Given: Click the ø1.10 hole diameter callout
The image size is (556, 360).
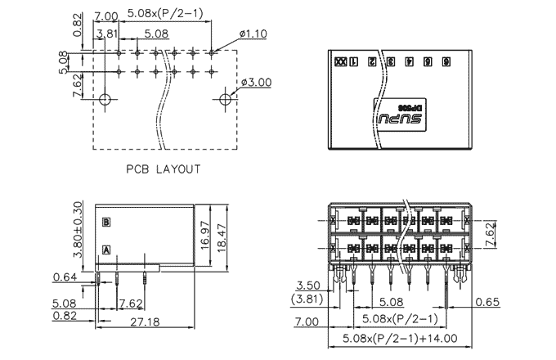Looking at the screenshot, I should [255, 34].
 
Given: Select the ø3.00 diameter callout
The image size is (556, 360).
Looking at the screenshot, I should [257, 82].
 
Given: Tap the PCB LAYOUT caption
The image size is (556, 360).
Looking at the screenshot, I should [163, 169].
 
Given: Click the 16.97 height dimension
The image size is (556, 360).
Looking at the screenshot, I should [205, 234].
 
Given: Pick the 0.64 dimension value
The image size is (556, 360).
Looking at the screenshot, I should [65, 276].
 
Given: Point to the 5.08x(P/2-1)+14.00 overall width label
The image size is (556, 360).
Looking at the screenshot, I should [400, 337].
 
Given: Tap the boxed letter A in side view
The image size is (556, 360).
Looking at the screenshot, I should [105, 250].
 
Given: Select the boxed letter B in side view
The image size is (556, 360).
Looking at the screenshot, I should [105, 222].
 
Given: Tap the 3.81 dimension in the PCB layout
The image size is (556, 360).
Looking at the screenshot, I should [105, 34].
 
